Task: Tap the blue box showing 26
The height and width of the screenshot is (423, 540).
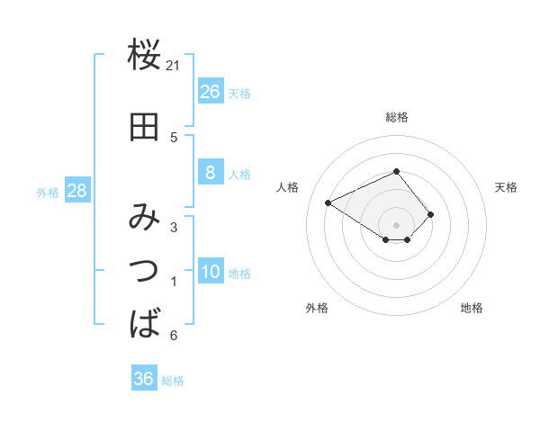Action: [x=210, y=92]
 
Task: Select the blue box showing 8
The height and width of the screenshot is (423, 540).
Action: [x=210, y=173]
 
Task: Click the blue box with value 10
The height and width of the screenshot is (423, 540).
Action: [x=210, y=273]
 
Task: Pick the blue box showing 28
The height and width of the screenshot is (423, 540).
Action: [x=76, y=191]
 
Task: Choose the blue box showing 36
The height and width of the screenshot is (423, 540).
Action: [x=144, y=379]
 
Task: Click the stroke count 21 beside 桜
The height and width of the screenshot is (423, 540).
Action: [x=174, y=65]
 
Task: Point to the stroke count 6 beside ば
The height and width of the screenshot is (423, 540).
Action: [x=174, y=336]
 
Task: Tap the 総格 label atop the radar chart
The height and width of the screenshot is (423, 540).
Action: [x=397, y=117]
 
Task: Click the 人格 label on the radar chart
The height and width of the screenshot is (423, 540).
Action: [x=288, y=187]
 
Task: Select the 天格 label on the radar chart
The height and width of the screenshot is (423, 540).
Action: [x=506, y=187]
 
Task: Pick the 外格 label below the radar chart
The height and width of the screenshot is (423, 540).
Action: [x=317, y=308]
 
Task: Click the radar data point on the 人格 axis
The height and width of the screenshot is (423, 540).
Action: [x=328, y=202]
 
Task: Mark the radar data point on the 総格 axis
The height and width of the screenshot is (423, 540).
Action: [x=397, y=171]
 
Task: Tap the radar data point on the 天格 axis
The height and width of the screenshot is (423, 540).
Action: [x=431, y=214]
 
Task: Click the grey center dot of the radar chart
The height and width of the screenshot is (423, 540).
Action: [x=397, y=224]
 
